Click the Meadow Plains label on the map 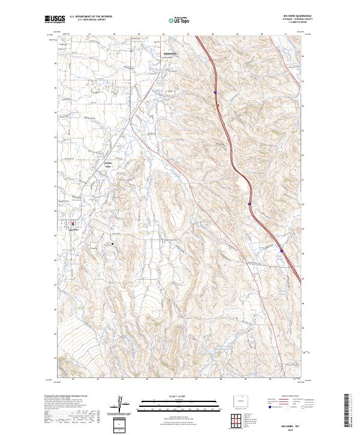[109, 164]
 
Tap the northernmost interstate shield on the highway [215, 92]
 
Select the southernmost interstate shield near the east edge [281, 250]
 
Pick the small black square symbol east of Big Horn [112, 244]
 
